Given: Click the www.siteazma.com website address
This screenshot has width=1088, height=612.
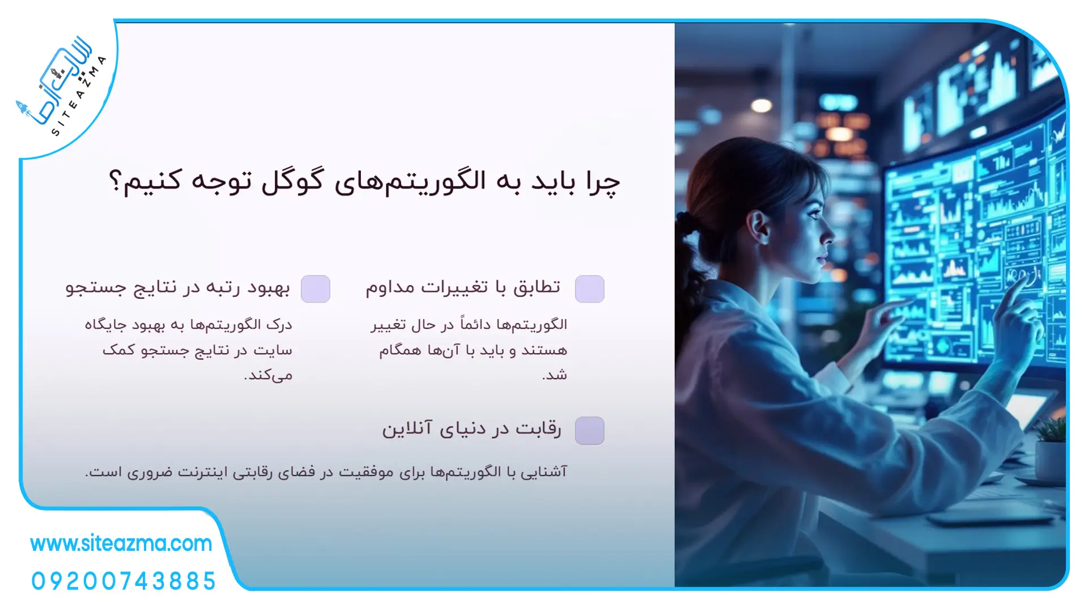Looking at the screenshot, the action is (x=121, y=543).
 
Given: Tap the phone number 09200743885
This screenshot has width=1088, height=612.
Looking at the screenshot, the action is (x=124, y=581).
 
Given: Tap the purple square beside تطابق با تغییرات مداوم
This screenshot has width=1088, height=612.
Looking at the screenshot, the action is (x=589, y=289).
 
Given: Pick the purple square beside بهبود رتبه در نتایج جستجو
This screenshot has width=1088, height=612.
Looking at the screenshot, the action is (x=316, y=289).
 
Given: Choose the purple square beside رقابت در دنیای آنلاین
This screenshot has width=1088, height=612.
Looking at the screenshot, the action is (x=589, y=431).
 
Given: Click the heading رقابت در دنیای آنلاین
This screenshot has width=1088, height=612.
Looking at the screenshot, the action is (x=471, y=429).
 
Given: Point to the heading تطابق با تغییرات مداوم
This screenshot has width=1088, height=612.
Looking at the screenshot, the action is (x=463, y=287).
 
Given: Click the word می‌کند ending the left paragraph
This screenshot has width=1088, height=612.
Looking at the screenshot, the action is (x=268, y=375).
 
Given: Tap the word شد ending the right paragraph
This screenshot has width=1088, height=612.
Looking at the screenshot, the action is (x=554, y=375).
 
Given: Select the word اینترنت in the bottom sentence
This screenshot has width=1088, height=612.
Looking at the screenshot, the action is (x=202, y=471).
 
